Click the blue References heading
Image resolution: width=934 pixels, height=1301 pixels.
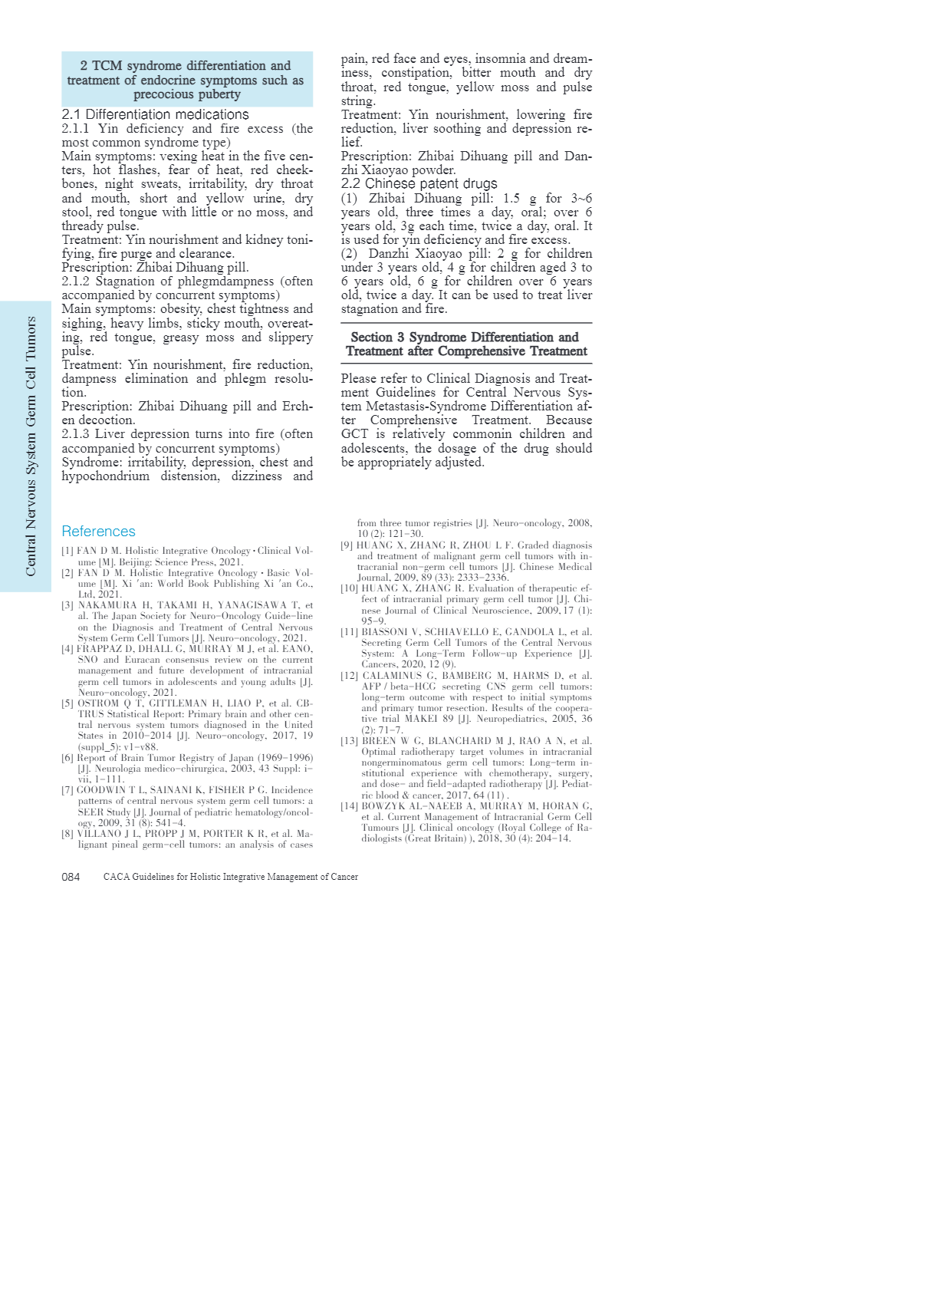pyautogui.click(x=98, y=532)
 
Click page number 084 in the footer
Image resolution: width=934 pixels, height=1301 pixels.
pyautogui.click(x=71, y=877)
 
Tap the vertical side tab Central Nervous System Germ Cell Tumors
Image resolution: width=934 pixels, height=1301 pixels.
pyautogui.click(x=31, y=446)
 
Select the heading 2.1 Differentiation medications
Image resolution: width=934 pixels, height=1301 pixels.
pyautogui.click(x=155, y=114)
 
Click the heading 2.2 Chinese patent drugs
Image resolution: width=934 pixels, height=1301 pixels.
pyautogui.click(x=419, y=183)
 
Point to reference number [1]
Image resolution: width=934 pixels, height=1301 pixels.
pyautogui.click(x=67, y=551)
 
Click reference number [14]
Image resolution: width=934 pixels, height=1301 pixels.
pyautogui.click(x=349, y=806)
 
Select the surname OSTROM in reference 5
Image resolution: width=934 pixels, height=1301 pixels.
pyautogui.click(x=99, y=703)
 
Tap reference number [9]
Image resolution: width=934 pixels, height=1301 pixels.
pyautogui.click(x=347, y=545)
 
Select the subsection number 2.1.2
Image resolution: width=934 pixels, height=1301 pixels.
pyautogui.click(x=75, y=282)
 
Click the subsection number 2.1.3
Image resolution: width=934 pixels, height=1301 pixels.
pyautogui.click(x=75, y=434)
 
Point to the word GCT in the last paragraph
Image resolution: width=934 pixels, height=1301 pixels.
pyautogui.click(x=355, y=434)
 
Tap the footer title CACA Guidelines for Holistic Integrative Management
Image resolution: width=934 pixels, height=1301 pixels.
pyautogui.click(x=230, y=877)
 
